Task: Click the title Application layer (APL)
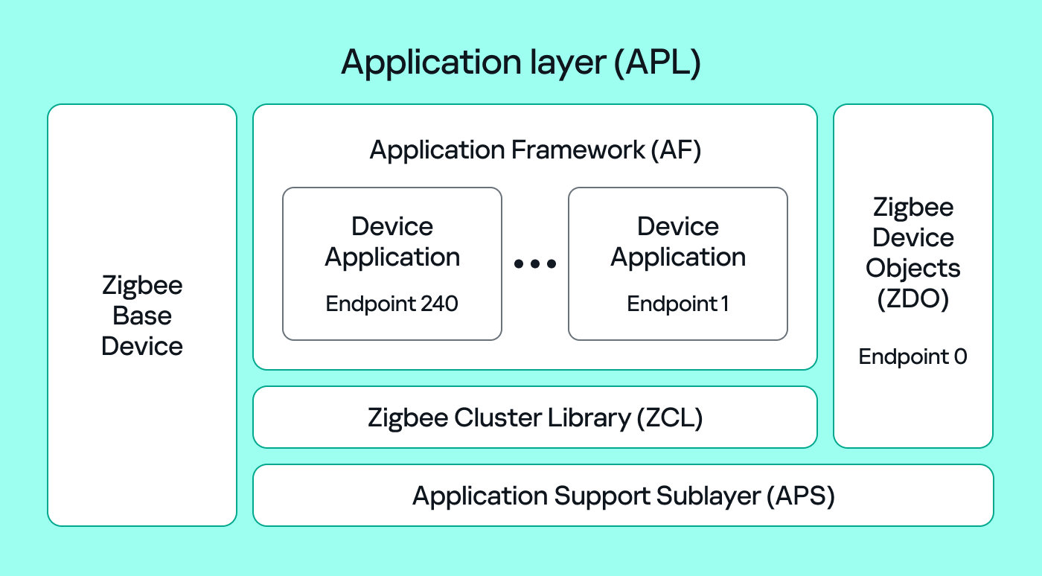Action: [521, 63]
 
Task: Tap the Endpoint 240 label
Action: [391, 304]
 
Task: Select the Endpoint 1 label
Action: [677, 304]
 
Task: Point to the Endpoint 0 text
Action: [912, 357]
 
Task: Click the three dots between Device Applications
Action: [535, 264]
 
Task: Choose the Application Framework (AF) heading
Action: [535, 150]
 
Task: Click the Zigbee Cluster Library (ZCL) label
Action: [535, 417]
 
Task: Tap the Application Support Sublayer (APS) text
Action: [624, 496]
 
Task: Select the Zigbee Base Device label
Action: [142, 316]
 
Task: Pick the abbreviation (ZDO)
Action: [913, 299]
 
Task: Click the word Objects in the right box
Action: [913, 269]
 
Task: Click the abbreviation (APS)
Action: [800, 496]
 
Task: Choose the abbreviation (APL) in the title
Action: [657, 63]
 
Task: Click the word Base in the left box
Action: [142, 316]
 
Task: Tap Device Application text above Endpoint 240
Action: [392, 242]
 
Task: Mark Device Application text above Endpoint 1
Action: [678, 242]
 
